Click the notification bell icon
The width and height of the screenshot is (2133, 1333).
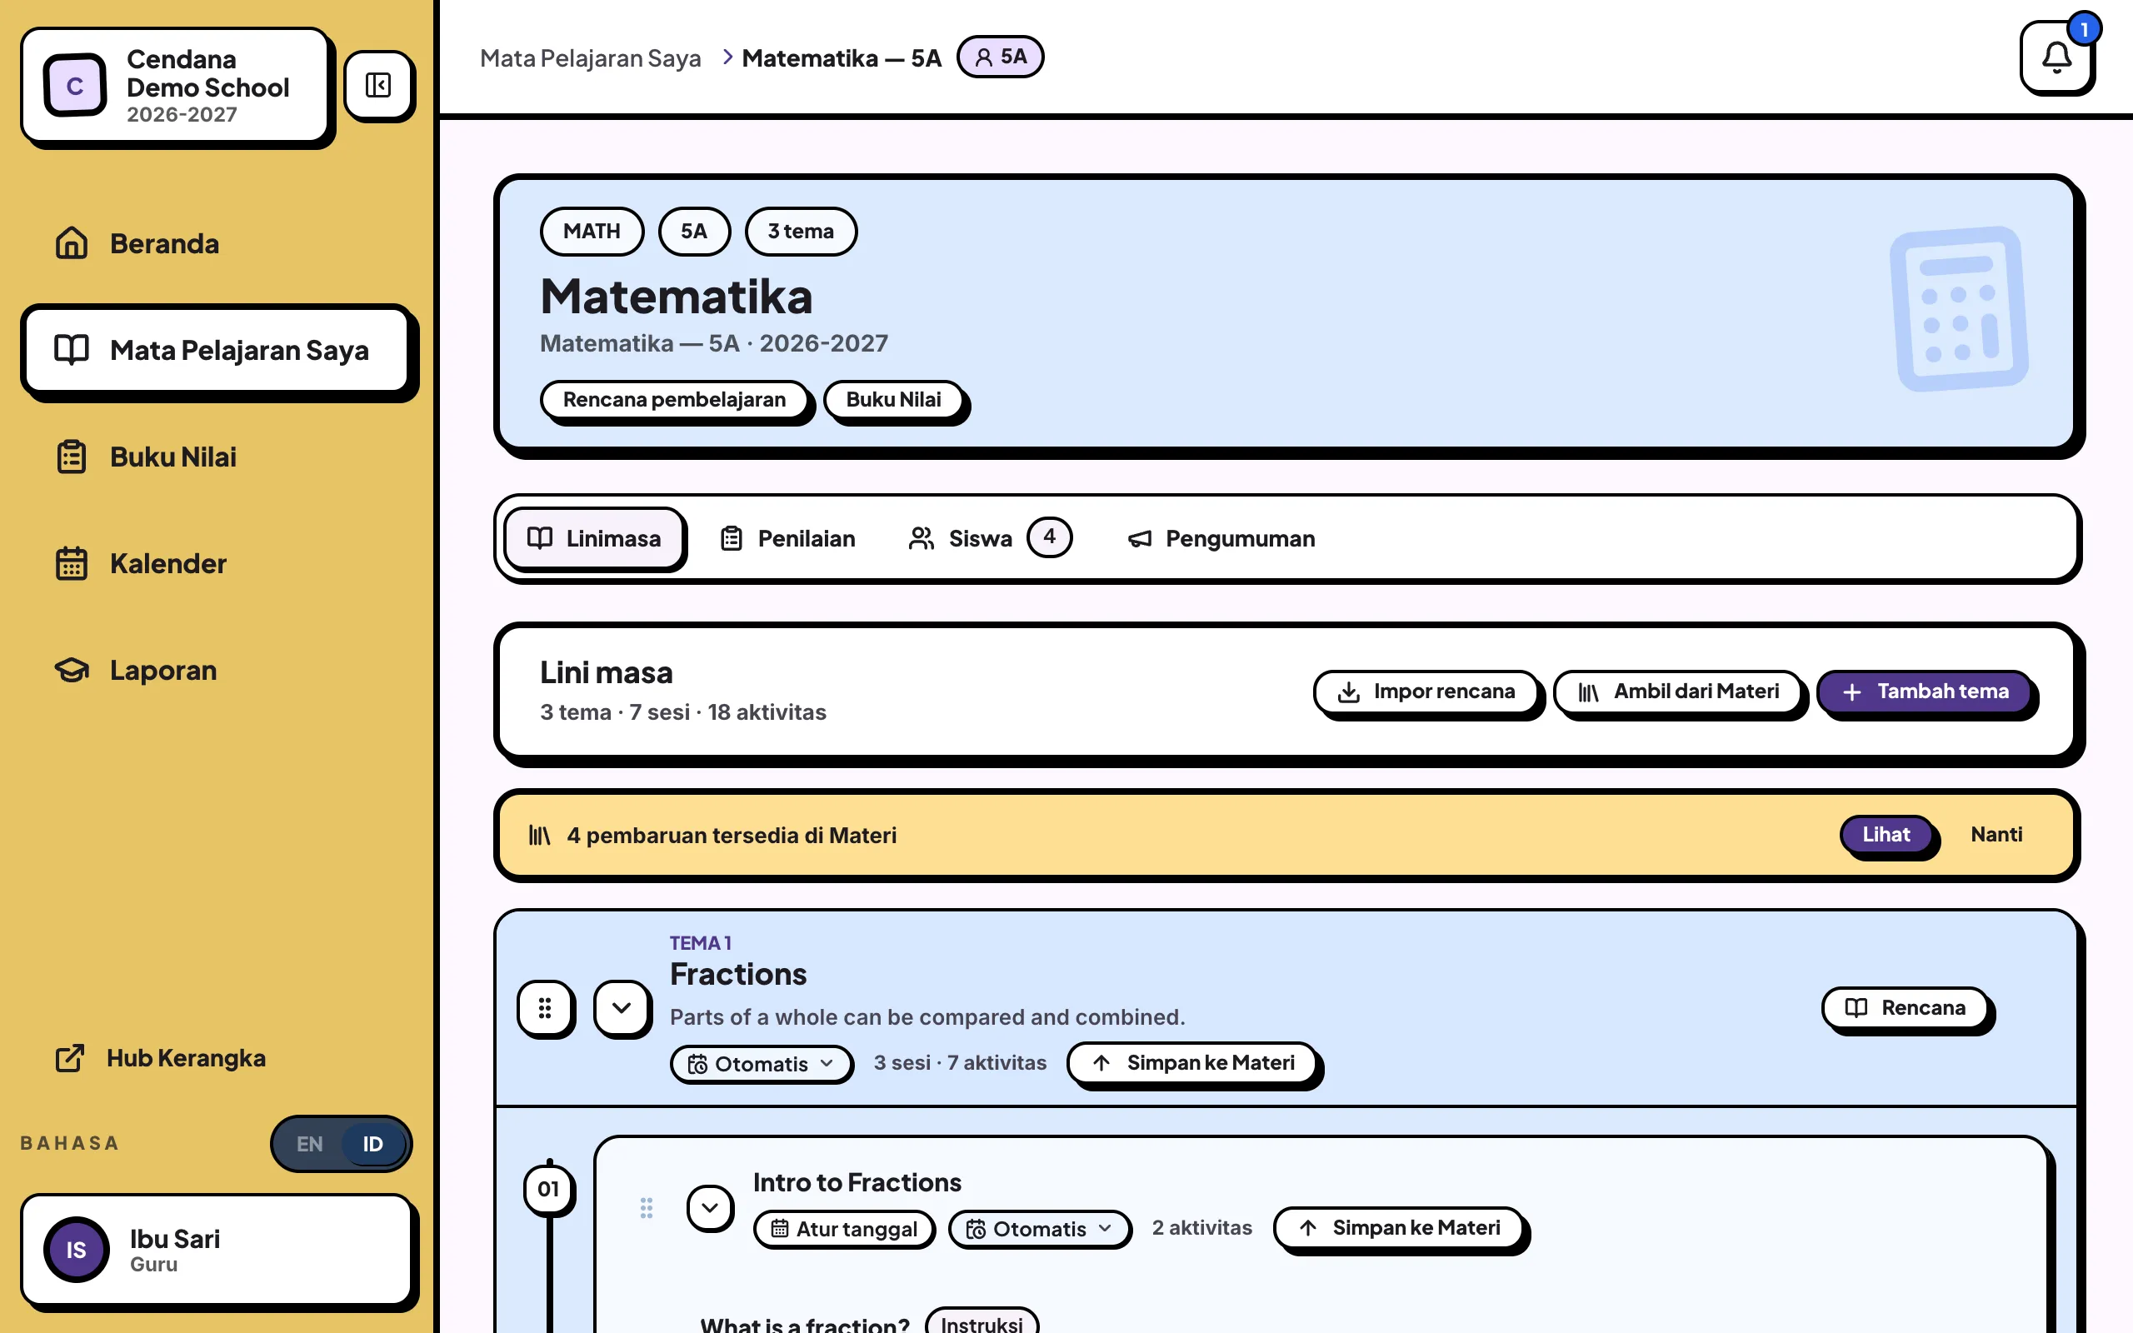click(2056, 57)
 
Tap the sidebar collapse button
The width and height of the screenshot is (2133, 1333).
click(379, 86)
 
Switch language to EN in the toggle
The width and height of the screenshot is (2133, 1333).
click(309, 1143)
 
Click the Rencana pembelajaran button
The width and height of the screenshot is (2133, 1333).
click(674, 400)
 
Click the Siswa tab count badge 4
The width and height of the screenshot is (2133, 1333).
click(1049, 537)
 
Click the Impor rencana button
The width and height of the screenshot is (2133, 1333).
click(1426, 692)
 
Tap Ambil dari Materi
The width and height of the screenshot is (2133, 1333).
click(1678, 692)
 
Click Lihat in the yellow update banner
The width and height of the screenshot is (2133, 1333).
click(1886, 835)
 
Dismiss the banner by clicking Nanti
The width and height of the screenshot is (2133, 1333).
click(1996, 835)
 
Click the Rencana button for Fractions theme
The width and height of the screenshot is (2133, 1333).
click(1906, 1008)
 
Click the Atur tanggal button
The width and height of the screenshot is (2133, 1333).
click(843, 1229)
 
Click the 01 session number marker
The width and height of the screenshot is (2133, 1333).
click(548, 1190)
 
